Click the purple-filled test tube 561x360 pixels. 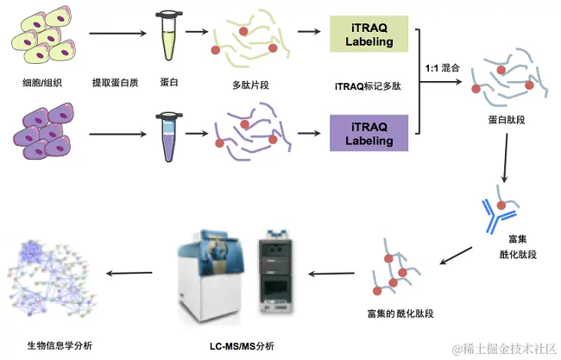pos(167,135)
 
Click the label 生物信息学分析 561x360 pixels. pos(60,345)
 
